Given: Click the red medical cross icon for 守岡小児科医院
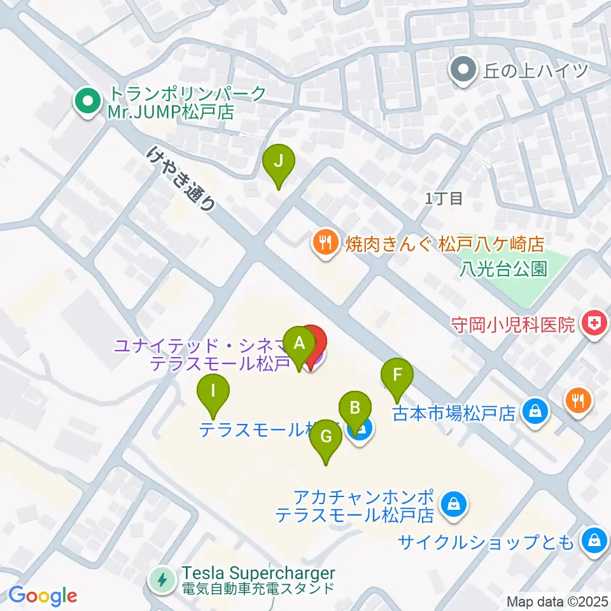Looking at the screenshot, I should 593,325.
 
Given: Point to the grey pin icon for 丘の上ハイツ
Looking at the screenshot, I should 463,69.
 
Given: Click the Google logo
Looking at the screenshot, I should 43,596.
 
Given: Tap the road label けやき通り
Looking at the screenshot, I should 181,179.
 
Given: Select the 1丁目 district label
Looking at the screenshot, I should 444,199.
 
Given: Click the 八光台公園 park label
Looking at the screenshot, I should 503,269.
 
